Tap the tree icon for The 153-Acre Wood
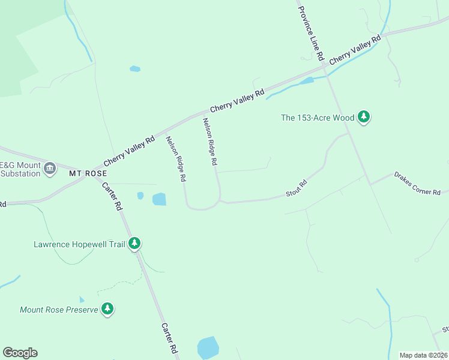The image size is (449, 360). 363,117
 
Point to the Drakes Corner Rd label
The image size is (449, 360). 417,183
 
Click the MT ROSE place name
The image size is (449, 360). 88,173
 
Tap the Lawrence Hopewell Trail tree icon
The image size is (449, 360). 136,243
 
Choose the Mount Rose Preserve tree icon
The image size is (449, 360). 107,309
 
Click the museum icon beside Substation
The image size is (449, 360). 50,167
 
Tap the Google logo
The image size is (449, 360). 20,353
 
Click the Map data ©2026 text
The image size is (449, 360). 423,355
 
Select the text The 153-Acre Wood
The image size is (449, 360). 318,118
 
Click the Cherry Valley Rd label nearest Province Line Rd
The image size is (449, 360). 355,49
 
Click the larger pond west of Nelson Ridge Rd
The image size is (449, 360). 159,199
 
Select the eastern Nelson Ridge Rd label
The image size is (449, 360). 209,141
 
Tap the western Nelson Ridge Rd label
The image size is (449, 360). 176,159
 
